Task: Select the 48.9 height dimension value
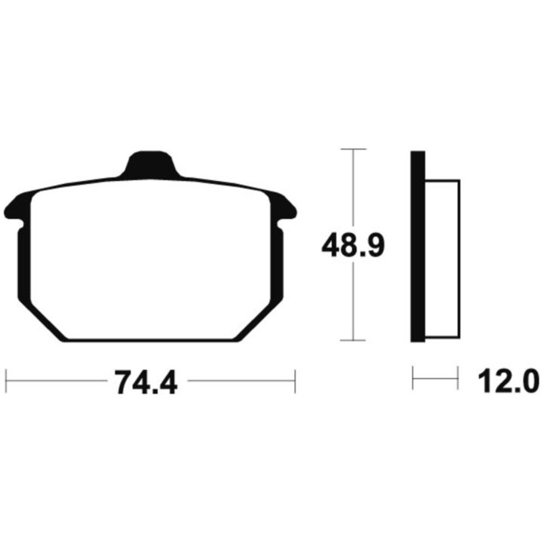[353, 246]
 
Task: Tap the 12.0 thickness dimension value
[508, 381]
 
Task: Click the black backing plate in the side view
[418, 247]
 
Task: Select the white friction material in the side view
[443, 259]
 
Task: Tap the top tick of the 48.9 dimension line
[353, 149]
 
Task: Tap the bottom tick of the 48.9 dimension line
[353, 340]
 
